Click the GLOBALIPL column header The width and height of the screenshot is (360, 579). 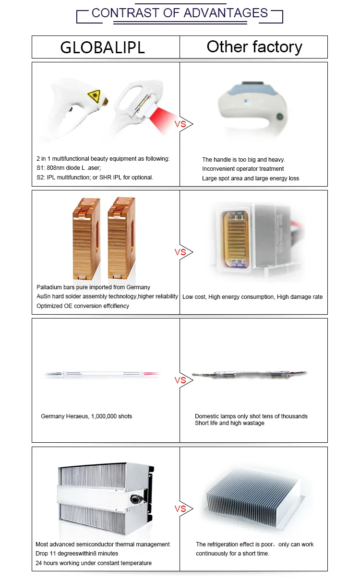[102, 47]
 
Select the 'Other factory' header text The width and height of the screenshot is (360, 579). [254, 47]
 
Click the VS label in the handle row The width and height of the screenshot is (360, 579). [180, 124]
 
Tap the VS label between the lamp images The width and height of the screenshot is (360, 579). [180, 380]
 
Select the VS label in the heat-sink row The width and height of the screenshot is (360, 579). [180, 508]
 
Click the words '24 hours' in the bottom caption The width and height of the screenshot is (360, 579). [47, 563]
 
